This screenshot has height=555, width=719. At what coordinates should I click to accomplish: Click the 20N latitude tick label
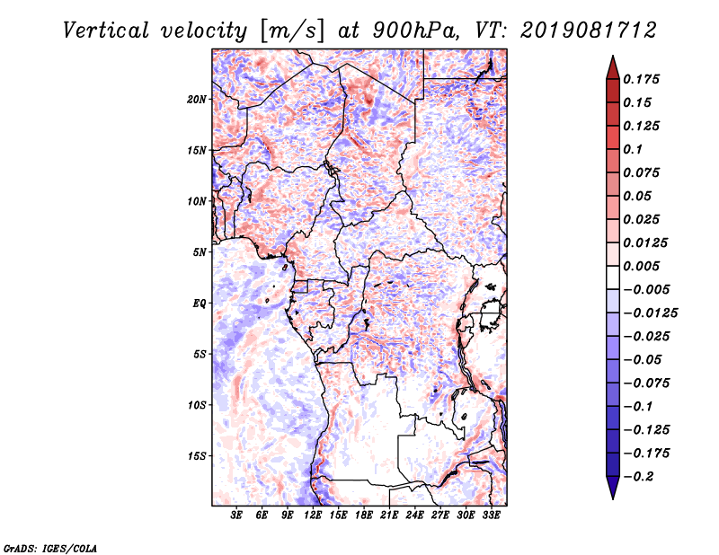(197, 100)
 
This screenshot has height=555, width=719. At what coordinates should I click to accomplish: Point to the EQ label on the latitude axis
(199, 304)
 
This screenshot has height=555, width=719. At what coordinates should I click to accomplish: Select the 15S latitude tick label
(197, 456)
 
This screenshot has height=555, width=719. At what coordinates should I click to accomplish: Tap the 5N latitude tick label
(200, 252)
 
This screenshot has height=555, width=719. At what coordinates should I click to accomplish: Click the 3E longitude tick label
(236, 515)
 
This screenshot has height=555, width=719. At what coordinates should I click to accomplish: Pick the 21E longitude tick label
(389, 515)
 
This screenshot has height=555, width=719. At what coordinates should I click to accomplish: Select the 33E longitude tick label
(491, 515)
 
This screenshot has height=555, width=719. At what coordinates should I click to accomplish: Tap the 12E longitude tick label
(312, 515)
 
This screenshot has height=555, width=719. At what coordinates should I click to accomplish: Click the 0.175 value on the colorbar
(641, 79)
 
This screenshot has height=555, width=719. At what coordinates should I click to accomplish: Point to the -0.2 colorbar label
(638, 477)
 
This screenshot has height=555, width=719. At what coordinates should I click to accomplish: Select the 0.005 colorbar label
(641, 266)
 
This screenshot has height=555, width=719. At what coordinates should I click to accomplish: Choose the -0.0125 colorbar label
(650, 313)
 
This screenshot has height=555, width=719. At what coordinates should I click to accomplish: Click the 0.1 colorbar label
(633, 149)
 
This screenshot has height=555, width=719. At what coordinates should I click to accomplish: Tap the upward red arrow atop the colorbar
(613, 67)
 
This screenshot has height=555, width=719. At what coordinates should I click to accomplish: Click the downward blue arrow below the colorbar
(613, 488)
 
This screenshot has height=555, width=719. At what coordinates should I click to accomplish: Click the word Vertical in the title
(105, 31)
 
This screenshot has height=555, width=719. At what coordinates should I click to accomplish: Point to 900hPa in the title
(415, 31)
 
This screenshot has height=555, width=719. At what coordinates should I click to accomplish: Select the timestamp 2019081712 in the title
(589, 31)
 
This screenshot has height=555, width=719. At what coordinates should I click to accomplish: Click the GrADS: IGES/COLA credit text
(50, 549)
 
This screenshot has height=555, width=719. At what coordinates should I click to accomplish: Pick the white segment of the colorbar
(613, 277)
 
